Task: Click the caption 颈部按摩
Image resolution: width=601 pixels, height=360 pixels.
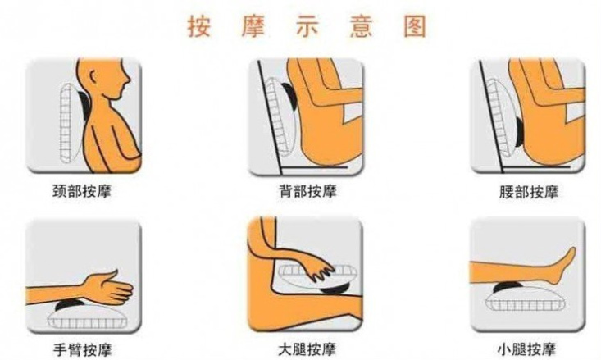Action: pyautogui.click(x=82, y=191)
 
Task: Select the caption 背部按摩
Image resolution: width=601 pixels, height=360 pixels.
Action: pyautogui.click(x=307, y=191)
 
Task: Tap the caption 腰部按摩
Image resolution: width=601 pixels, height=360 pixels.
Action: pyautogui.click(x=529, y=192)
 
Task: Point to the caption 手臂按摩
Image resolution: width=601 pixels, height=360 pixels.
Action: pyautogui.click(x=83, y=349)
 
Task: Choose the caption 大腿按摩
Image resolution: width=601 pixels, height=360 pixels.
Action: pyautogui.click(x=307, y=349)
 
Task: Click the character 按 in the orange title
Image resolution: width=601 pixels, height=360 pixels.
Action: pyautogui.click(x=199, y=26)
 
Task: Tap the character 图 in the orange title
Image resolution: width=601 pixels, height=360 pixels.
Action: pyautogui.click(x=415, y=26)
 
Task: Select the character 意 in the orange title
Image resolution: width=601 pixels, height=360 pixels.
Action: pyautogui.click(x=361, y=26)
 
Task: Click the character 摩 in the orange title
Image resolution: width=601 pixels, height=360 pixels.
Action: pyautogui.click(x=253, y=26)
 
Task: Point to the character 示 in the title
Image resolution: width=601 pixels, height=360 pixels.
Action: pyautogui.click(x=307, y=26)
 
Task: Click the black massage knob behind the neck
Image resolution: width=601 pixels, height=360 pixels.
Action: pyautogui.click(x=83, y=103)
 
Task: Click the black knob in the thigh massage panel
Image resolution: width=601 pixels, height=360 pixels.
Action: pyautogui.click(x=335, y=289)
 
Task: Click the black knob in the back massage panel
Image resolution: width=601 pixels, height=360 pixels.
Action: pyautogui.click(x=290, y=97)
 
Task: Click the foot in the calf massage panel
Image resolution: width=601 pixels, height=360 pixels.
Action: pyautogui.click(x=563, y=265)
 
